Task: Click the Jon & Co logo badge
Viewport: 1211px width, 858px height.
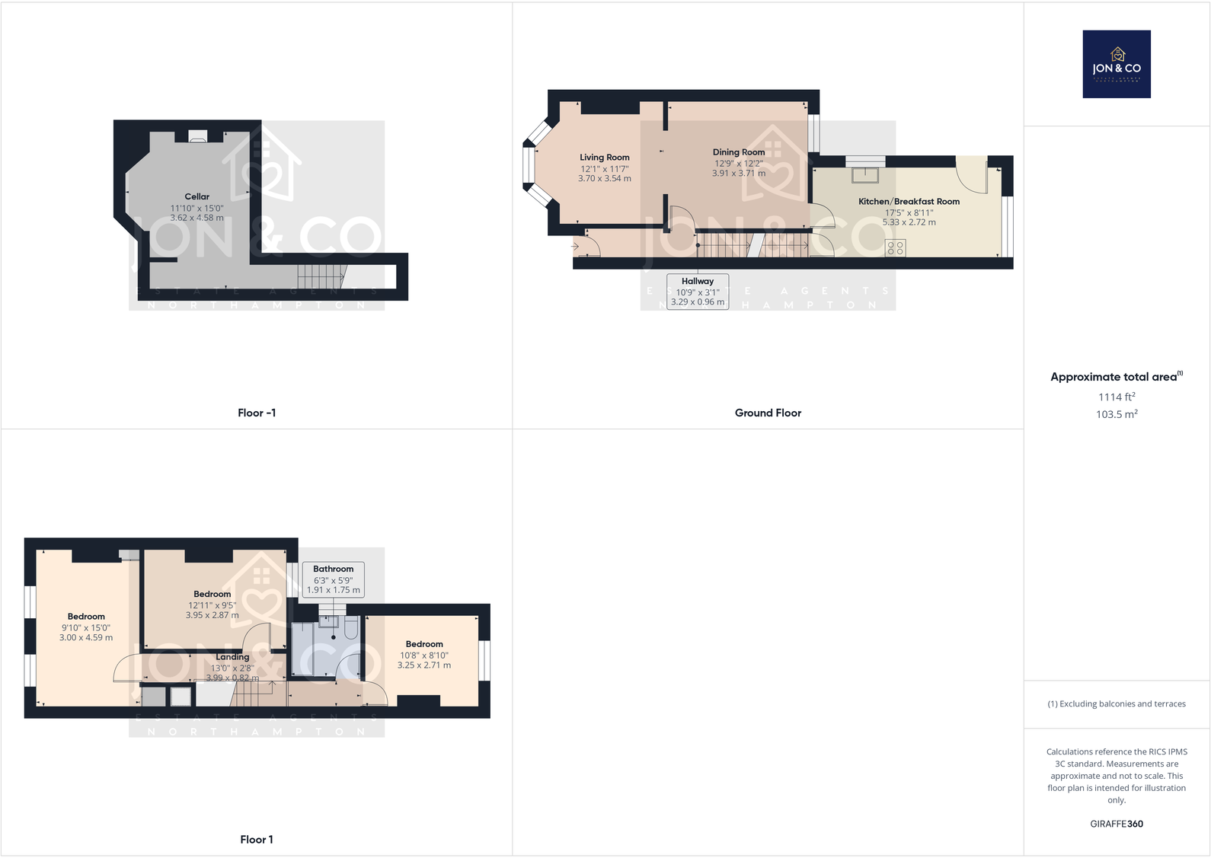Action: tap(1117, 64)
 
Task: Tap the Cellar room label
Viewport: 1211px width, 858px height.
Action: tap(197, 196)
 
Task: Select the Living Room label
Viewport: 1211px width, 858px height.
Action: tap(604, 158)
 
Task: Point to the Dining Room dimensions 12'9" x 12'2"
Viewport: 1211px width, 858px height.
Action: tap(738, 164)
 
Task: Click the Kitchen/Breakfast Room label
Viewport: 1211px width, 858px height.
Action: tap(909, 202)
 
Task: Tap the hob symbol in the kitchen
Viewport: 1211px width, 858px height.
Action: tap(896, 247)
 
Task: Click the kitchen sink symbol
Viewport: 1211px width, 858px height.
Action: tap(865, 174)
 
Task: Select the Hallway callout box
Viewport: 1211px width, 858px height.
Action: tap(698, 292)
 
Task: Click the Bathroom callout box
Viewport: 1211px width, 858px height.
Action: tap(334, 579)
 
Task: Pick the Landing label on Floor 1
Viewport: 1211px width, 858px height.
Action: tap(232, 657)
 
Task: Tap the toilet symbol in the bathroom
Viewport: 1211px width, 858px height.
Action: tap(351, 627)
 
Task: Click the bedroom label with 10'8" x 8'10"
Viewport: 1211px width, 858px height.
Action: tap(424, 644)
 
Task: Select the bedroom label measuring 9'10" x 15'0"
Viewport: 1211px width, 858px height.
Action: tap(86, 617)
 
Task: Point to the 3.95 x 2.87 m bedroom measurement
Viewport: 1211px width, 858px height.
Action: tap(212, 615)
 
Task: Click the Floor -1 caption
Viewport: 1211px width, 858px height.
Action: tap(257, 413)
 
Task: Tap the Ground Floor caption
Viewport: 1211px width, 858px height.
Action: tap(768, 413)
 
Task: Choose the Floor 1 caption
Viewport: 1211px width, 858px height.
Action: tap(257, 840)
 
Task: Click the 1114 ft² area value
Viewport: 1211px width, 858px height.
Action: tap(1117, 397)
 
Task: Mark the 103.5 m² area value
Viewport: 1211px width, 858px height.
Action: tap(1117, 414)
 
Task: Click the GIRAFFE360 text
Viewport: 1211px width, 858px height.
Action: tap(1117, 824)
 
